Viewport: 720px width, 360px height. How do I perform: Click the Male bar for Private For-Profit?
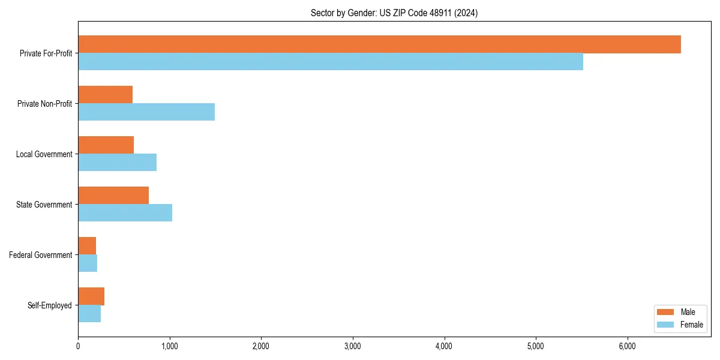379,44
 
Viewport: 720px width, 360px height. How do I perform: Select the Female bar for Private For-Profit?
331,62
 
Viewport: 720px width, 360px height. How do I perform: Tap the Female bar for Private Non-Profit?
146,112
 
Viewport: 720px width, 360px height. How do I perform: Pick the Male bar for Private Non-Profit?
106,95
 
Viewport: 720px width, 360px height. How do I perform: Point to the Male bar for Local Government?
106,145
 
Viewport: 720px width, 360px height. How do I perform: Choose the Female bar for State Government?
125,213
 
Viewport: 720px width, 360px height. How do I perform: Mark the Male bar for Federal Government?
87,246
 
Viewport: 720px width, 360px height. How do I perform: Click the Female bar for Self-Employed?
89,314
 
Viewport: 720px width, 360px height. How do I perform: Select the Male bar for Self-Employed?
91,296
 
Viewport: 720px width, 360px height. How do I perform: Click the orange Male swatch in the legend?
666,312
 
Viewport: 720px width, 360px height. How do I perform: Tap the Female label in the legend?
691,325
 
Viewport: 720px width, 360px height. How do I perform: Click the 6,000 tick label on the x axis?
627,346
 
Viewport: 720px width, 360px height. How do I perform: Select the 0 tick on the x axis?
78,346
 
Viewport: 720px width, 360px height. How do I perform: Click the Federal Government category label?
41,255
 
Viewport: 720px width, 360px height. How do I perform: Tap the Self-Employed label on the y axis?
50,305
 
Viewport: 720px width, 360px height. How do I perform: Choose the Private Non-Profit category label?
44,104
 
